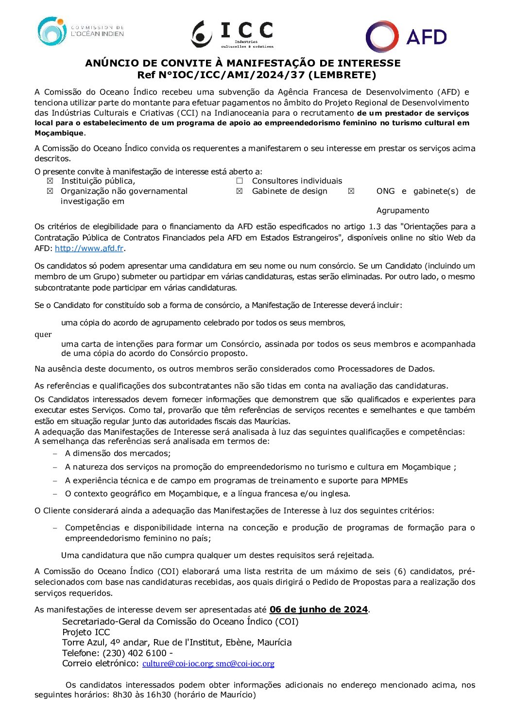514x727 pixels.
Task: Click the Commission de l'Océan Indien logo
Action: coord(80,31)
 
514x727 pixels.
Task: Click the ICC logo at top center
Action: coord(232,34)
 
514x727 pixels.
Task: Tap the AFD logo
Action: coord(406,36)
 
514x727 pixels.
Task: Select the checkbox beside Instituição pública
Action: coord(50,181)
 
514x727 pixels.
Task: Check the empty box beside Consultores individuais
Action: coord(240,181)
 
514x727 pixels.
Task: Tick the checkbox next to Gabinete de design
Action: coord(240,191)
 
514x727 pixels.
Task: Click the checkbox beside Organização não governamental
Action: coord(50,191)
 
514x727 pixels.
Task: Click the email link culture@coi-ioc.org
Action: coord(177,663)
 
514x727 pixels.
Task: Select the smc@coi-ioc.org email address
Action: coord(245,663)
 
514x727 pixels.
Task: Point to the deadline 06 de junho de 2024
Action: coord(318,609)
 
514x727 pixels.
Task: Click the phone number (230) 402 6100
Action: coord(135,653)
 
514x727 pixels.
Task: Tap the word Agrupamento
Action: coord(403,210)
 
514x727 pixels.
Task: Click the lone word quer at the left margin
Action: coord(43,334)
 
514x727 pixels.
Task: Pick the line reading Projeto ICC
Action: coord(86,632)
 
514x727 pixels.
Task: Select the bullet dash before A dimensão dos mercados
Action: coord(55,454)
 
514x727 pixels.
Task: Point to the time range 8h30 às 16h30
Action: coord(141,694)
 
